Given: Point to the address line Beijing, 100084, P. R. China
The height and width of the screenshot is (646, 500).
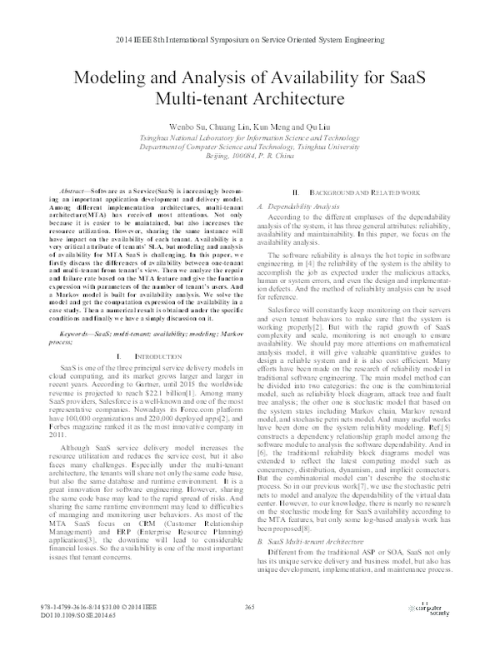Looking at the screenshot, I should coord(250,156).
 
